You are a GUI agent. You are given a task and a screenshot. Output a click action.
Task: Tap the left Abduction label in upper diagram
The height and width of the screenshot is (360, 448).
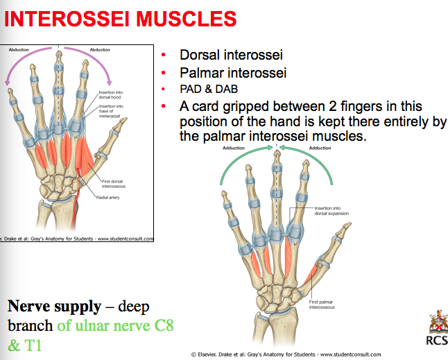(x=19, y=50)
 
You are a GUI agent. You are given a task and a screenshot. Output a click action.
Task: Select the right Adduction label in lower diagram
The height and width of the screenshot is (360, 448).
(x=320, y=148)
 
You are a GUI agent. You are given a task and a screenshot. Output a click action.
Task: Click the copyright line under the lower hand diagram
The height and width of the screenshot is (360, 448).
(x=285, y=354)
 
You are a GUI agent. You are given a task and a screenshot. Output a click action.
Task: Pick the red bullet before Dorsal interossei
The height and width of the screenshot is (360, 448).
(x=163, y=55)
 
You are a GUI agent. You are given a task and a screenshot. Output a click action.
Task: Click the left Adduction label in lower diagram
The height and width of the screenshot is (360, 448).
(x=234, y=148)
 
